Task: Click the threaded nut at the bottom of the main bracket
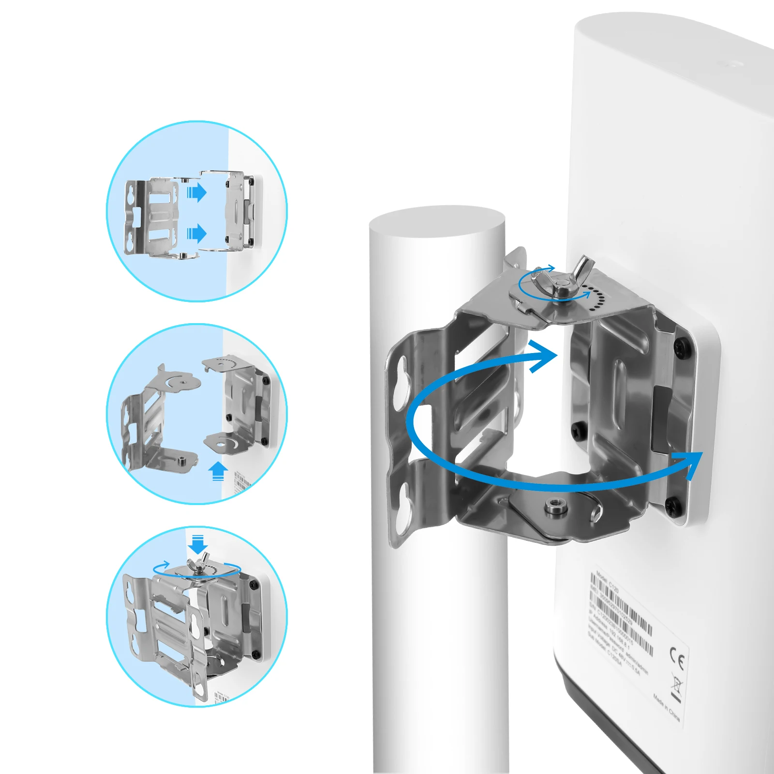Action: [553, 507]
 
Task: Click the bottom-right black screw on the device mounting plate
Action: [673, 506]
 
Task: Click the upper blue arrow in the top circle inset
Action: [196, 193]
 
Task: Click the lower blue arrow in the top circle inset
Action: [196, 234]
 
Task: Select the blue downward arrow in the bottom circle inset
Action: [197, 544]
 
